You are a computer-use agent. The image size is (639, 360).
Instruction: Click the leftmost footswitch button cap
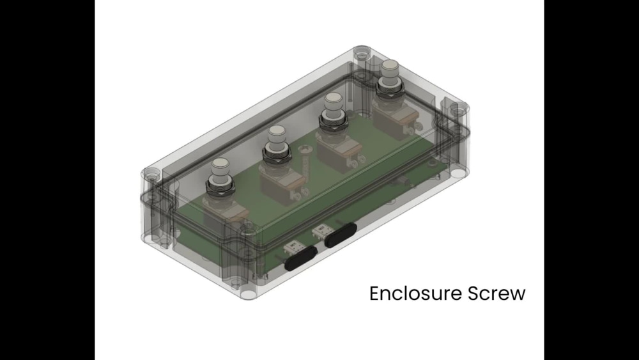[220, 167]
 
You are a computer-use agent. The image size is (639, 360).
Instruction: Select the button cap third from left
[332, 101]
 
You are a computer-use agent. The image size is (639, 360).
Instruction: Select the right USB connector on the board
[320, 230]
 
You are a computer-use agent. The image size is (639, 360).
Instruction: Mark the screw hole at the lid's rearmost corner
[362, 49]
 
